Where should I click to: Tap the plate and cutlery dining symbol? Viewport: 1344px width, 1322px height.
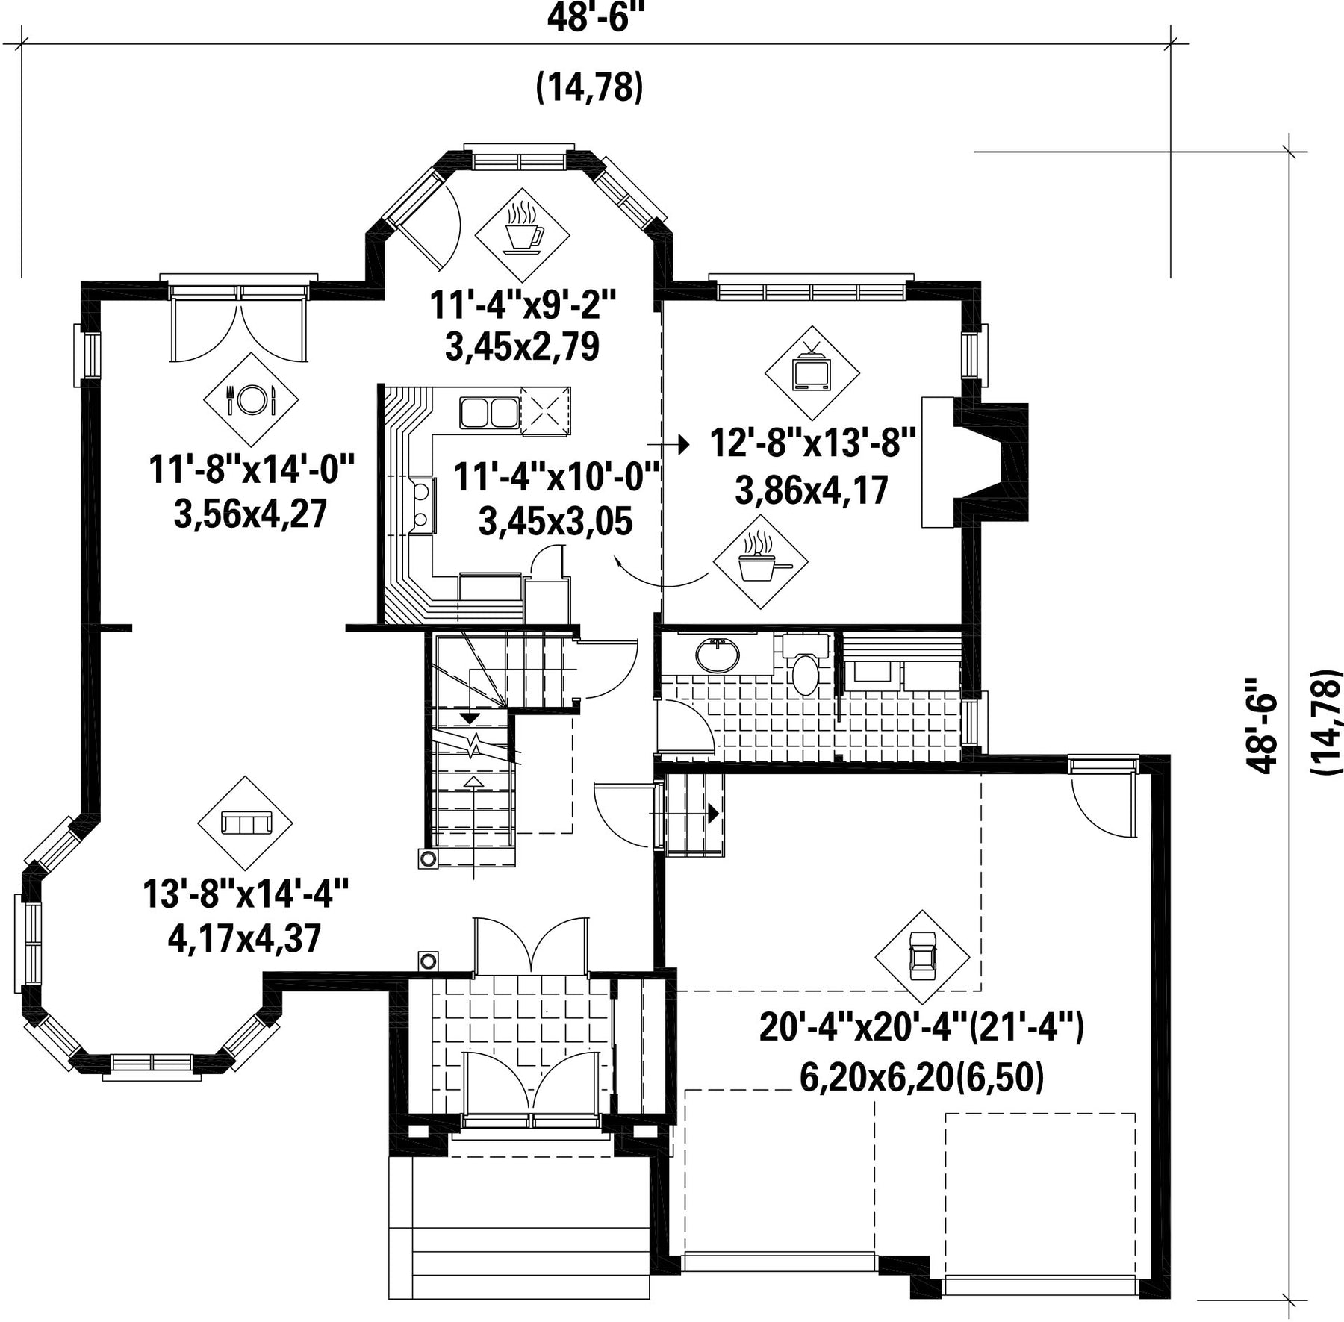251,400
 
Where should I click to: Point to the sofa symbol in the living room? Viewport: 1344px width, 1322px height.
245,823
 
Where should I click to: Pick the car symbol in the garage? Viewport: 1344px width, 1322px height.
923,958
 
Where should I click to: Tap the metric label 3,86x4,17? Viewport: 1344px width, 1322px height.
812,490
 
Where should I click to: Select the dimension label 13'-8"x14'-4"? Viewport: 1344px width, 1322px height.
246,894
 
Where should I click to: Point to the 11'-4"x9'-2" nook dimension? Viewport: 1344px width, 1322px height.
523,305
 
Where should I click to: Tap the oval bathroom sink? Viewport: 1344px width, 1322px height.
718,655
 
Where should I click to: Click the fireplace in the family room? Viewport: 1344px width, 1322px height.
974,463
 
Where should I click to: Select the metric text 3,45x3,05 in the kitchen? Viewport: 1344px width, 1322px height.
556,520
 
